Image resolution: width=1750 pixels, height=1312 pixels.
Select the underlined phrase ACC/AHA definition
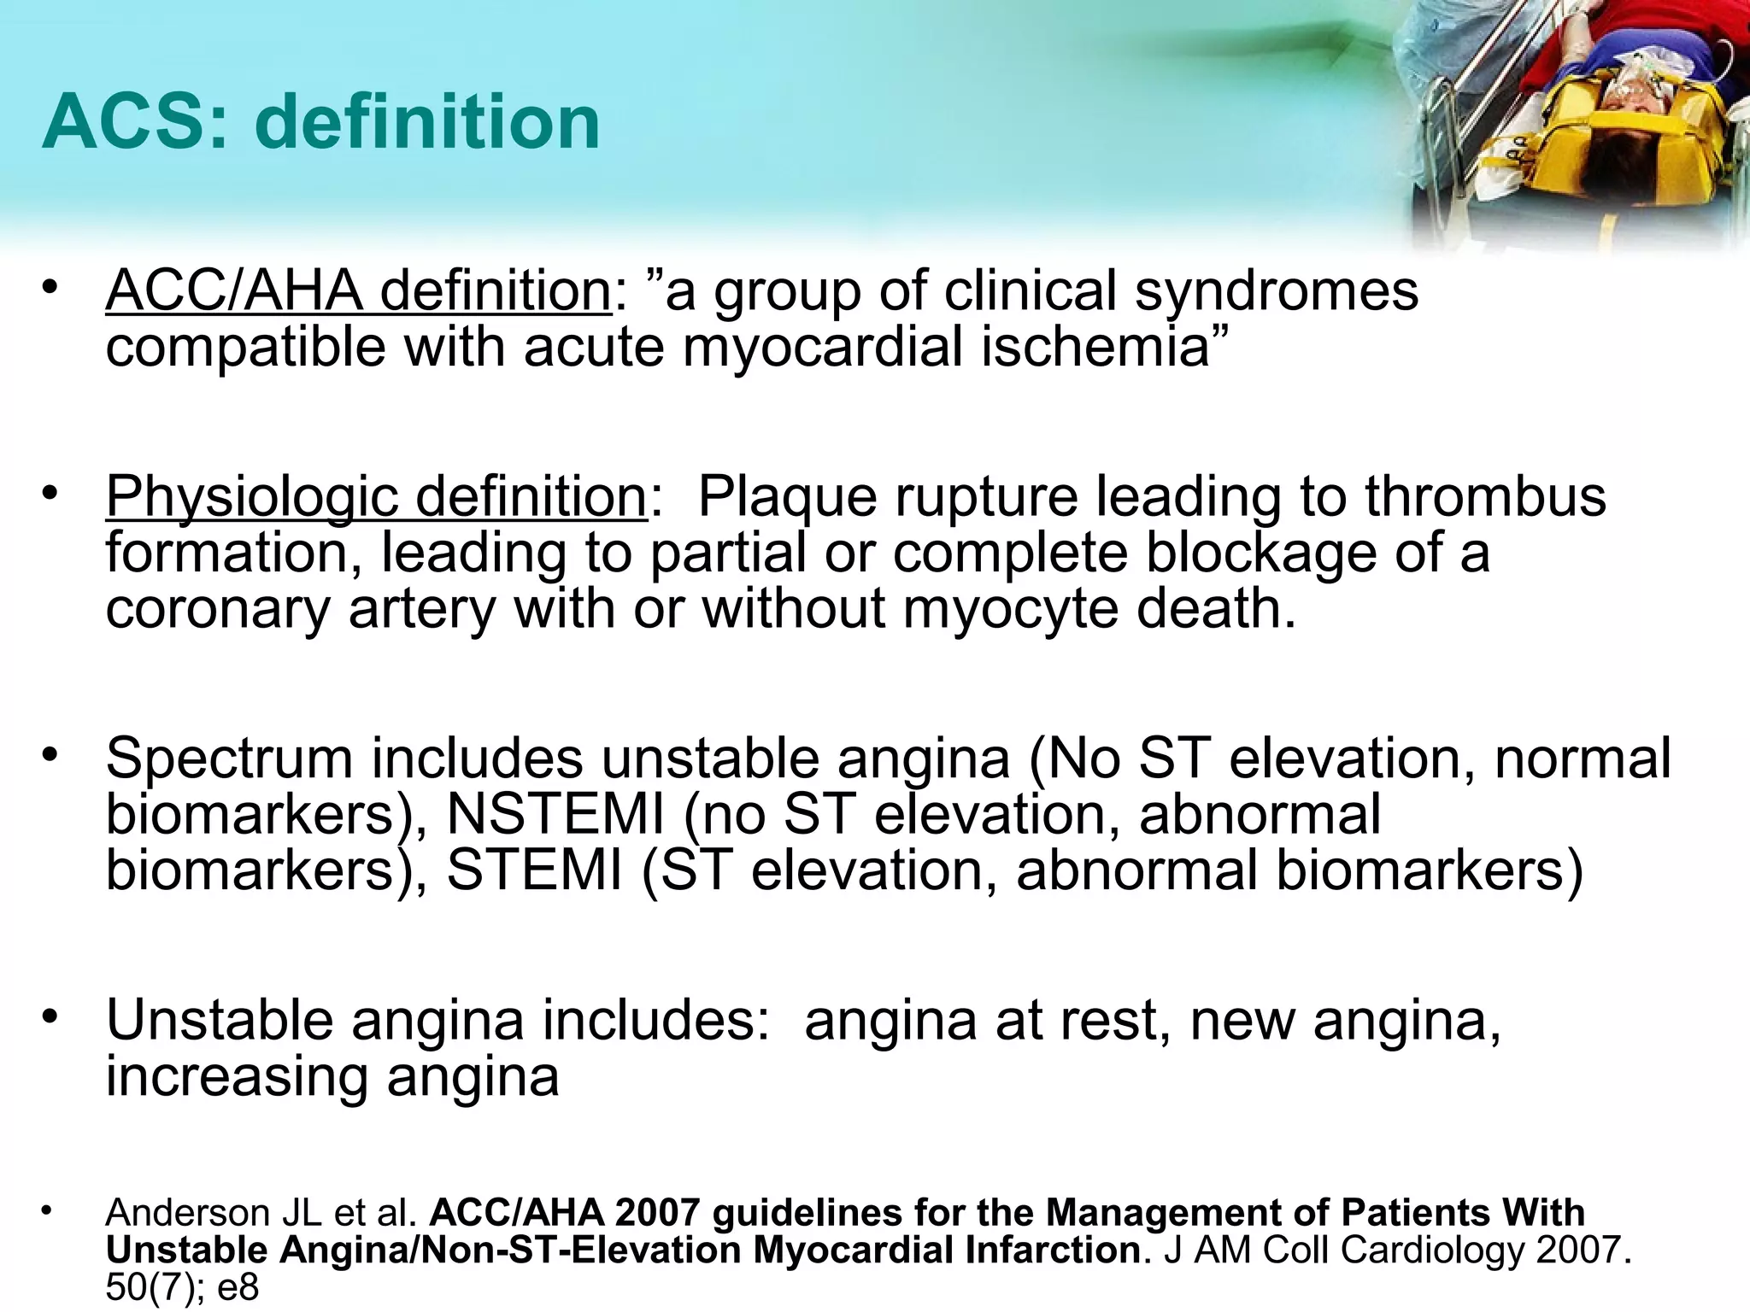[x=358, y=291]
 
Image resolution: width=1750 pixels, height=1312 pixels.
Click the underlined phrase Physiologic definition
[x=376, y=496]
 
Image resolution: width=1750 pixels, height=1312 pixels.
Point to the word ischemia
[x=1095, y=348]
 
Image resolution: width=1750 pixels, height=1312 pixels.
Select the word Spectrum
[x=229, y=759]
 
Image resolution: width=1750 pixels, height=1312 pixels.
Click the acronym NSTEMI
[x=555, y=814]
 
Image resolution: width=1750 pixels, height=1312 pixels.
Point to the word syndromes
[x=1277, y=291]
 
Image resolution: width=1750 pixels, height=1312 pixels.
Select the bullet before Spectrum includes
[x=51, y=755]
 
